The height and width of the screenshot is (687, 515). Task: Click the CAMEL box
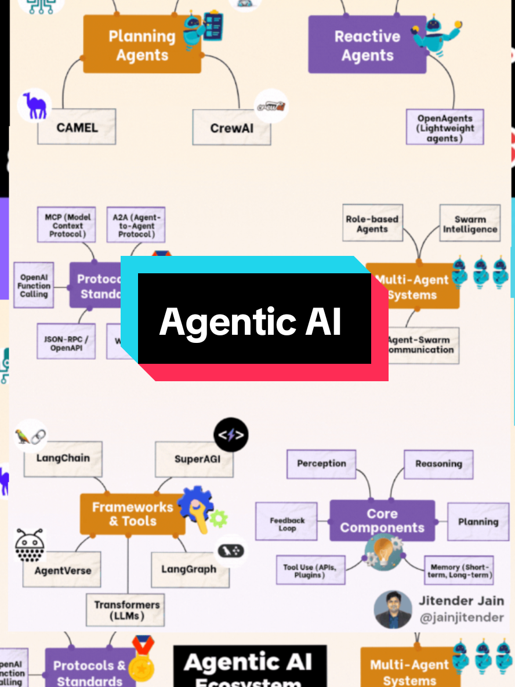click(x=77, y=126)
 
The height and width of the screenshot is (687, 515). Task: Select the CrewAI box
click(x=231, y=127)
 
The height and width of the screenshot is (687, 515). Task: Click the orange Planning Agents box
click(x=142, y=45)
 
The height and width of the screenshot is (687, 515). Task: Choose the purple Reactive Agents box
click(x=367, y=45)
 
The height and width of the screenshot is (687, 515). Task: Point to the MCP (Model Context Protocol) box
click(x=68, y=226)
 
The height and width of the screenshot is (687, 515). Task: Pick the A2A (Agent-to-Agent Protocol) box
click(x=136, y=225)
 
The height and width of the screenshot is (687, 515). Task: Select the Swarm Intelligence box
click(x=470, y=224)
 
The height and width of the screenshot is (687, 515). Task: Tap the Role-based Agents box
click(x=372, y=223)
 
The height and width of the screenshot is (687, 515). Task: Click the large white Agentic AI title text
click(x=251, y=321)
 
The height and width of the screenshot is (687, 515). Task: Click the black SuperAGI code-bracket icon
click(x=231, y=435)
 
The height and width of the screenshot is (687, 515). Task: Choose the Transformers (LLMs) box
click(x=127, y=610)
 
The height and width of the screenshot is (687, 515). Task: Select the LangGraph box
click(x=189, y=569)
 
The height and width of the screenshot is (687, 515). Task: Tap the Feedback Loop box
click(x=287, y=525)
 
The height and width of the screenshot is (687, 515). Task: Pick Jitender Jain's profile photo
click(x=393, y=609)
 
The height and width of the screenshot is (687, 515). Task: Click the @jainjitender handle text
click(x=462, y=617)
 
